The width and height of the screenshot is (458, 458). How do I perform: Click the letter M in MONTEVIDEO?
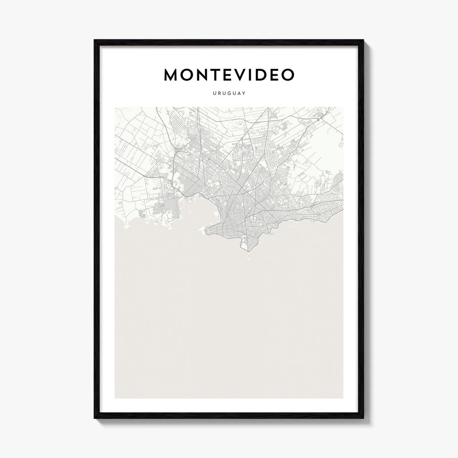point(172,75)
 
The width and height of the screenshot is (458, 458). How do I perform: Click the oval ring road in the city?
point(253,219)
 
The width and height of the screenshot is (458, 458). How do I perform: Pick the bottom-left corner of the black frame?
point(95,418)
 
